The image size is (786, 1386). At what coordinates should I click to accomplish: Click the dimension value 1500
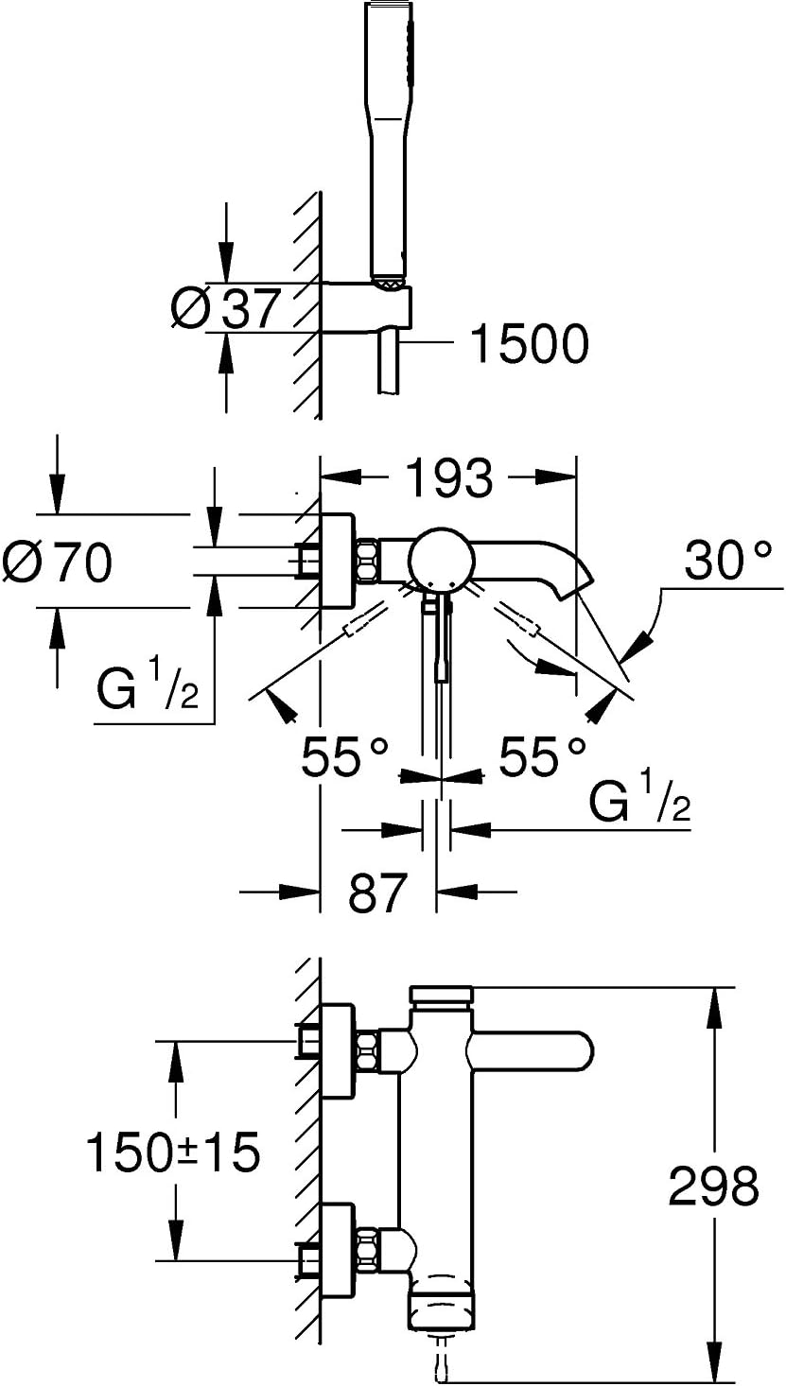[x=528, y=344]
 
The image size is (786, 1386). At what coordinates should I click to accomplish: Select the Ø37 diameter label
[x=227, y=307]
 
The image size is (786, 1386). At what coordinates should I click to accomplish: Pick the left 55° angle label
[x=345, y=756]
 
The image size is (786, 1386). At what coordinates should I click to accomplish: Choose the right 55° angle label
[x=542, y=756]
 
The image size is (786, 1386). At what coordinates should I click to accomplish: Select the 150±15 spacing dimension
[x=173, y=1152]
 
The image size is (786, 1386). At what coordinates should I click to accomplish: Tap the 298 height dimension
[x=713, y=1186]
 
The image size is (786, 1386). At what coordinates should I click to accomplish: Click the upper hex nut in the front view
[x=367, y=1050]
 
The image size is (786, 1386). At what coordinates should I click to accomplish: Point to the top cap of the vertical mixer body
[x=441, y=995]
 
